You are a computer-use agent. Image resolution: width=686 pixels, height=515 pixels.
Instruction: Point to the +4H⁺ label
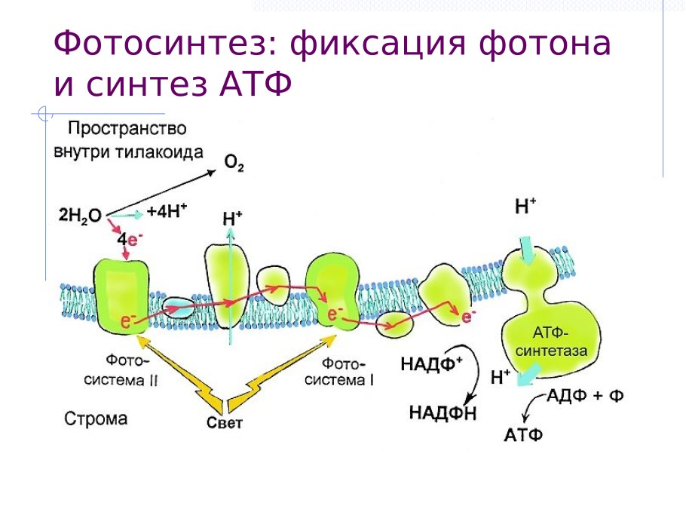click(167, 212)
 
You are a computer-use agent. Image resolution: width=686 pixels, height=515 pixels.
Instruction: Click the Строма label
click(96, 418)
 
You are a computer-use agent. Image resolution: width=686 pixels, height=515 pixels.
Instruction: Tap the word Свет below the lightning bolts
click(225, 422)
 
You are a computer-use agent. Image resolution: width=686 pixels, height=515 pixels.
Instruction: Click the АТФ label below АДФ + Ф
click(523, 435)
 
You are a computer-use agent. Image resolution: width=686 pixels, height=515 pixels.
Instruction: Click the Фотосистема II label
click(127, 372)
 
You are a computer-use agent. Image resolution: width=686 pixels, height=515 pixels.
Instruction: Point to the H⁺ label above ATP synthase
click(525, 206)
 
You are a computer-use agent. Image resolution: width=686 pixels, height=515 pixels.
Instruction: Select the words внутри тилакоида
click(128, 152)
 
